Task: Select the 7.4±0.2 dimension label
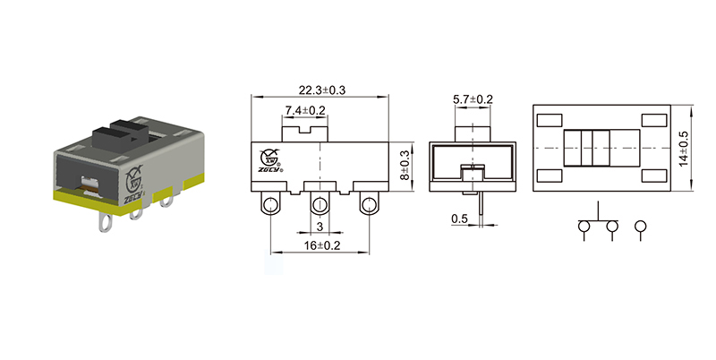coord(304,110)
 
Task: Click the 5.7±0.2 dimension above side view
coord(473,99)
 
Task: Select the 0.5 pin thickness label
coord(460,219)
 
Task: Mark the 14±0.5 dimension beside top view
coord(685,149)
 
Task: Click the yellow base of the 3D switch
coord(134,199)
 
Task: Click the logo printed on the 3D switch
coord(133,178)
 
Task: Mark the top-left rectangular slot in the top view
coord(550,120)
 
